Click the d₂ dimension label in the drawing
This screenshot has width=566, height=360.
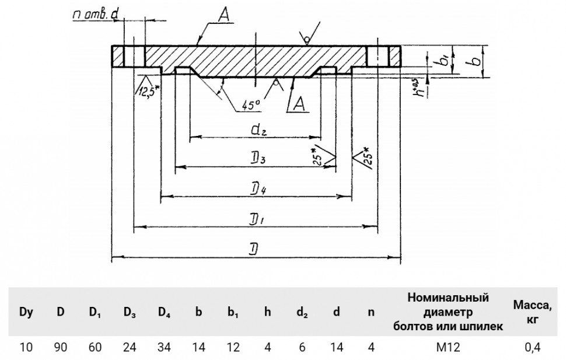pyautogui.click(x=258, y=129)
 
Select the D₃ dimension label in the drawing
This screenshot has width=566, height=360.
pyautogui.click(x=258, y=159)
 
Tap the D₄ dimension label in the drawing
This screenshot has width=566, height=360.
pyautogui.click(x=258, y=189)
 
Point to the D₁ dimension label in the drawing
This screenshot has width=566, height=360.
pyautogui.click(x=258, y=219)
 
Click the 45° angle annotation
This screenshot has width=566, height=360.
pyautogui.click(x=251, y=105)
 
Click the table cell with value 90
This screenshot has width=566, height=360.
pyautogui.click(x=60, y=348)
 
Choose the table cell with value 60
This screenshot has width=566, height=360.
pyautogui.click(x=95, y=348)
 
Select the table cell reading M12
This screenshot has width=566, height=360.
pyautogui.click(x=448, y=348)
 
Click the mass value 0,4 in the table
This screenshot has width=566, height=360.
pyautogui.click(x=533, y=348)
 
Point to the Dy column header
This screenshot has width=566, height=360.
pyautogui.click(x=26, y=312)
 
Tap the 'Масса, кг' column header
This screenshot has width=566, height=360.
pyautogui.click(x=533, y=312)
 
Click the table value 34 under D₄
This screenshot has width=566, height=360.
pyautogui.click(x=164, y=348)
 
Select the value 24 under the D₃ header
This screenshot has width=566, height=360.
pyautogui.click(x=130, y=348)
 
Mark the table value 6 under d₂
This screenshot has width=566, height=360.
pyautogui.click(x=302, y=348)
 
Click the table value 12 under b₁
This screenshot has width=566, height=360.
pyautogui.click(x=233, y=348)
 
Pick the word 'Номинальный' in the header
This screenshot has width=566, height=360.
pyautogui.click(x=448, y=298)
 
